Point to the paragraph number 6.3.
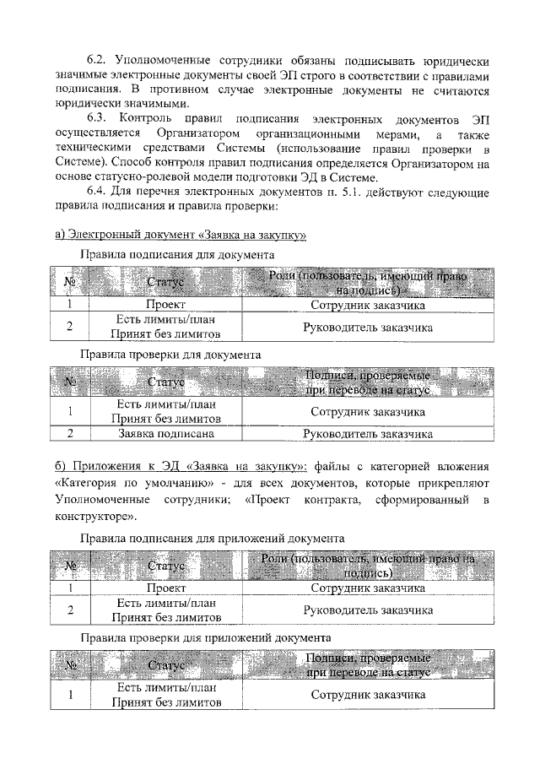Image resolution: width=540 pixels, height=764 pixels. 99,118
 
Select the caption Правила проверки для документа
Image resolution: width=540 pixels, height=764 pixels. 170,355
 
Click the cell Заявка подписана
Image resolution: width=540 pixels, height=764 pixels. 165,434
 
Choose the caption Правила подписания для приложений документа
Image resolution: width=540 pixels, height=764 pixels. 211,537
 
